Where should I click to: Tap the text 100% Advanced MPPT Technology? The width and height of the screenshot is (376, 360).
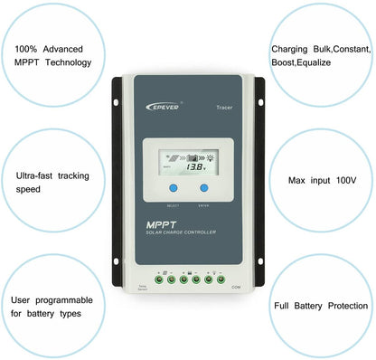[53, 55]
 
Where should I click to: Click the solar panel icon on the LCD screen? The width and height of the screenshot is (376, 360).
[173, 156]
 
